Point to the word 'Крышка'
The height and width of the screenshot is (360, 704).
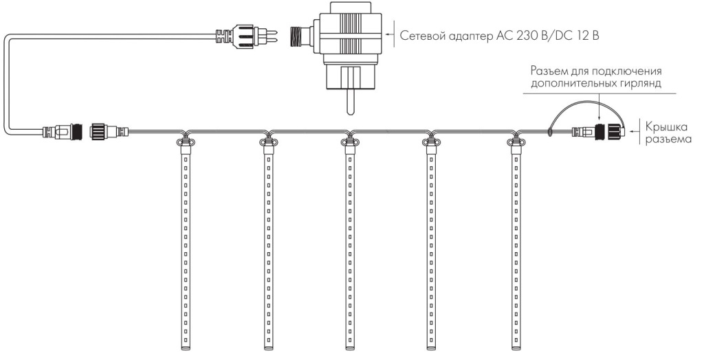coord(665,125)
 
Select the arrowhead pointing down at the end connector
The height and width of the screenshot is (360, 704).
coord(599,117)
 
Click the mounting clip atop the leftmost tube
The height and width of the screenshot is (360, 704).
coord(184,144)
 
